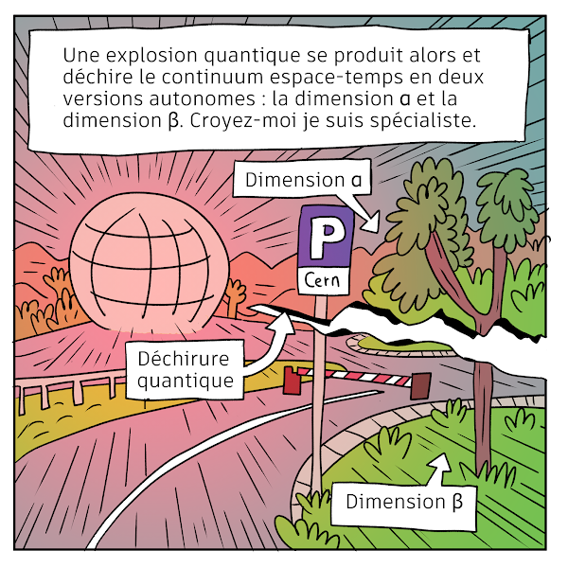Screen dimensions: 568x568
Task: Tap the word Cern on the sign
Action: tap(325, 280)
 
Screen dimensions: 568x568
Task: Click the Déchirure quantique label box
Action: tap(185, 370)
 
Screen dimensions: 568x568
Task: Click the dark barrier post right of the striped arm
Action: tap(419, 384)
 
